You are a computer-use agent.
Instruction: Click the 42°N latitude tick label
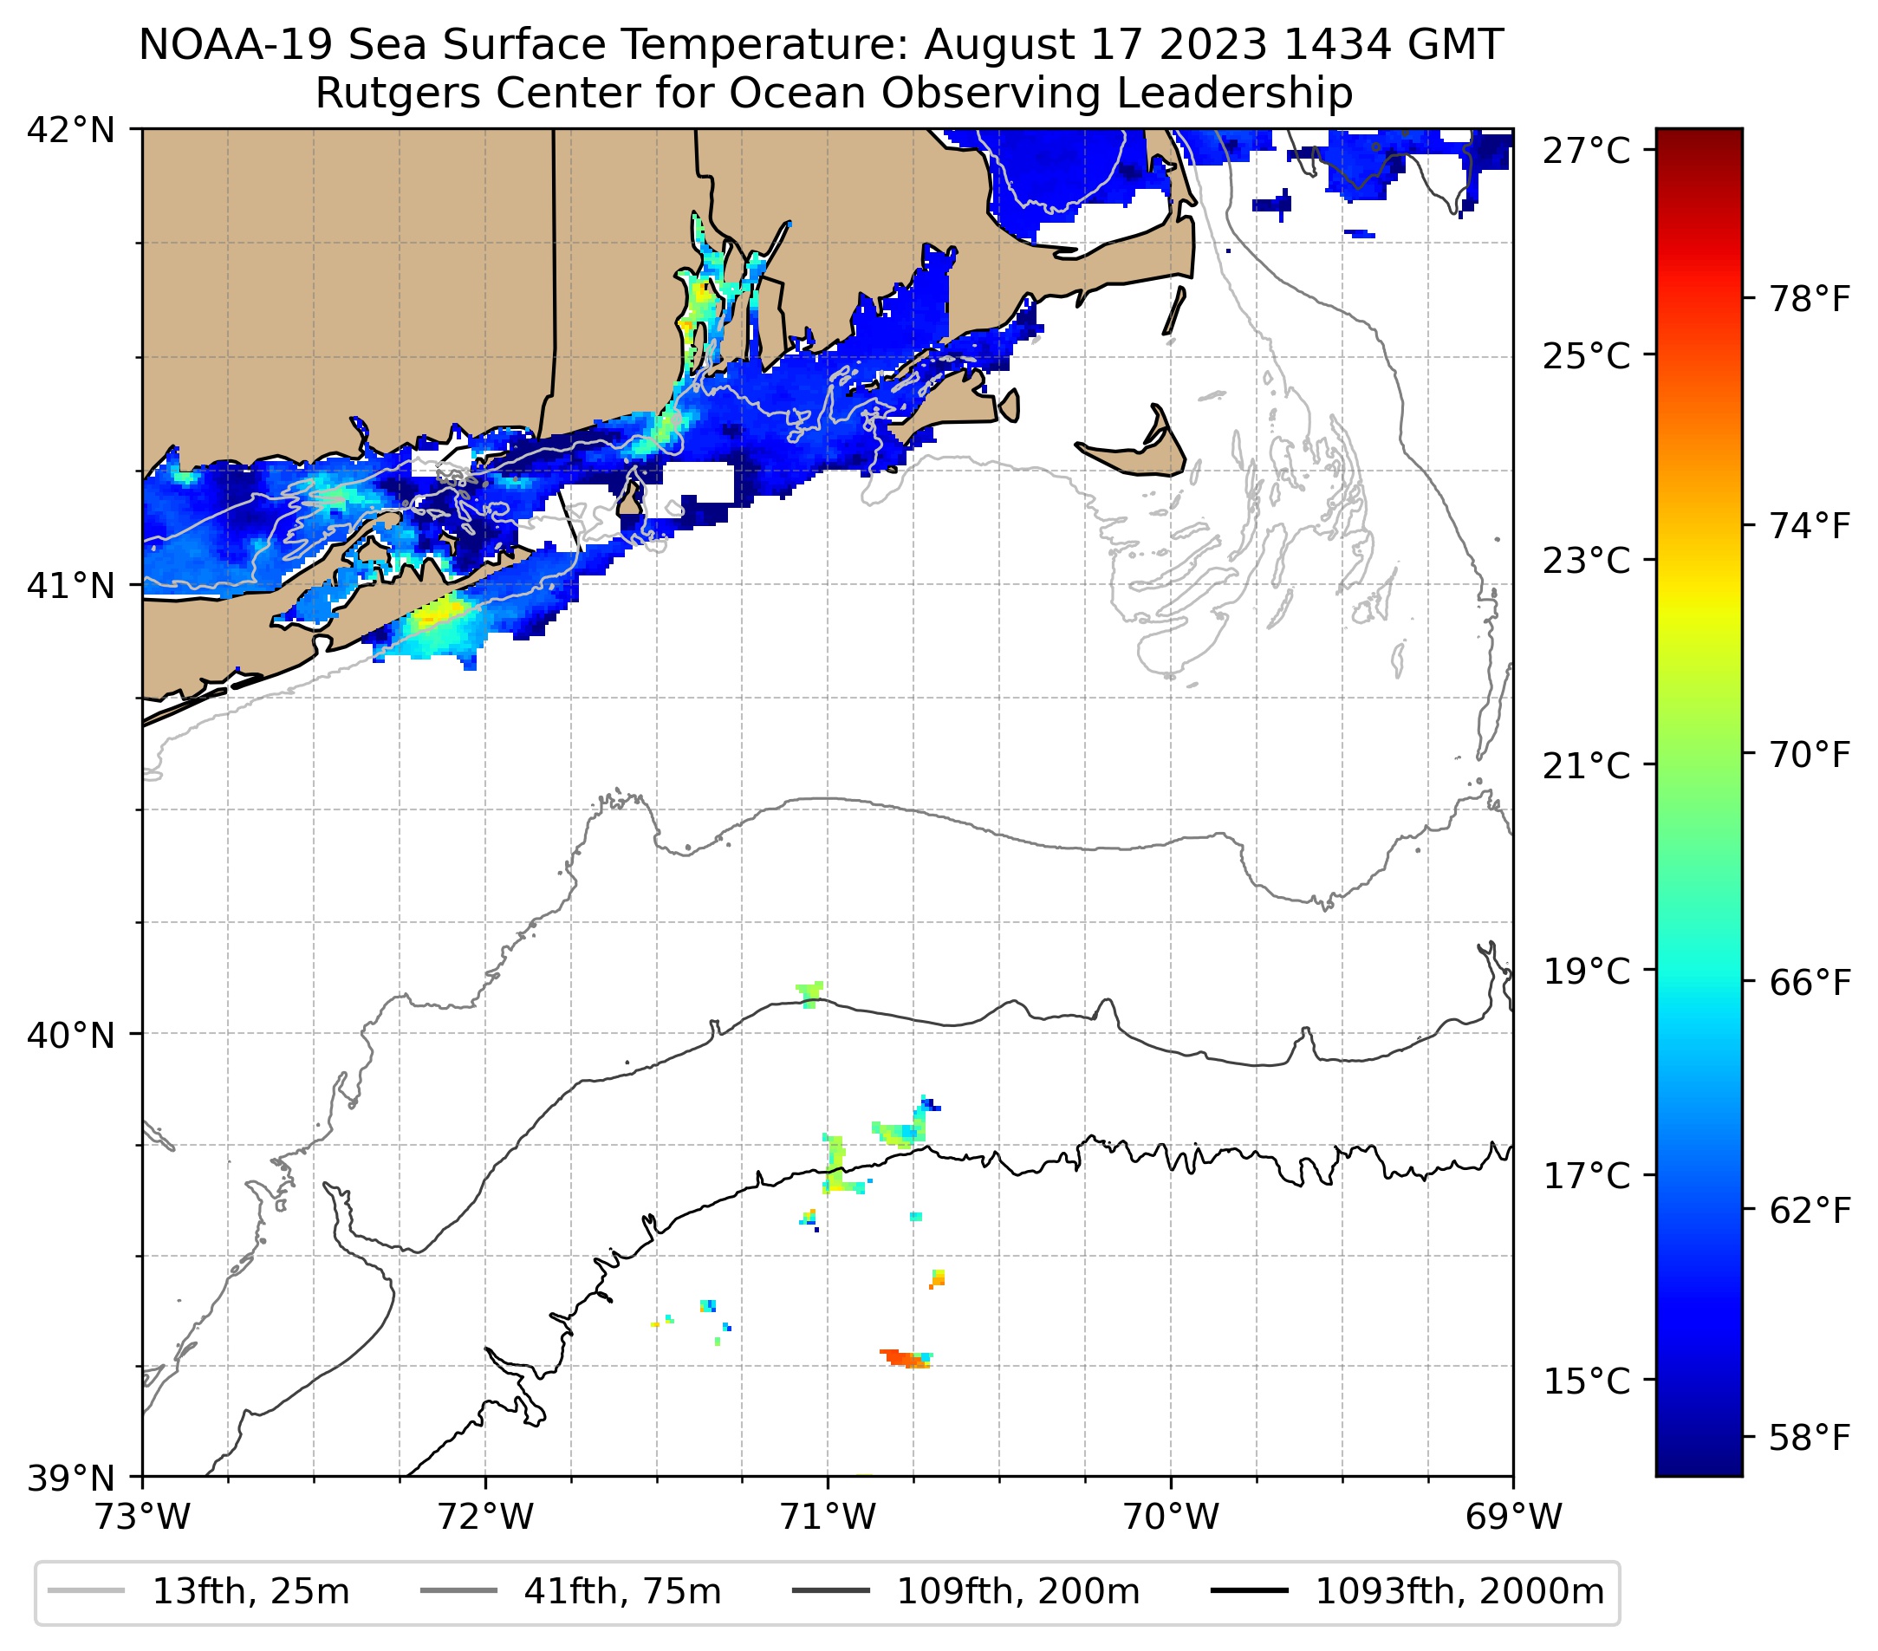point(71,131)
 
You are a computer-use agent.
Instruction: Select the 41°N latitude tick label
point(71,585)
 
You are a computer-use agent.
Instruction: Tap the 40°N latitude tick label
point(71,1036)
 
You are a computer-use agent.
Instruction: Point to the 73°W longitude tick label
point(142,1517)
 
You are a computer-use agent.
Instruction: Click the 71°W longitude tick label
point(828,1517)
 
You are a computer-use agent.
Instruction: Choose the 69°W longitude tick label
point(1513,1517)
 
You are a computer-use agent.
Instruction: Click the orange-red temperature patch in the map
point(904,1358)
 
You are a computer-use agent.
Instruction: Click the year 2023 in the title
point(1212,46)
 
